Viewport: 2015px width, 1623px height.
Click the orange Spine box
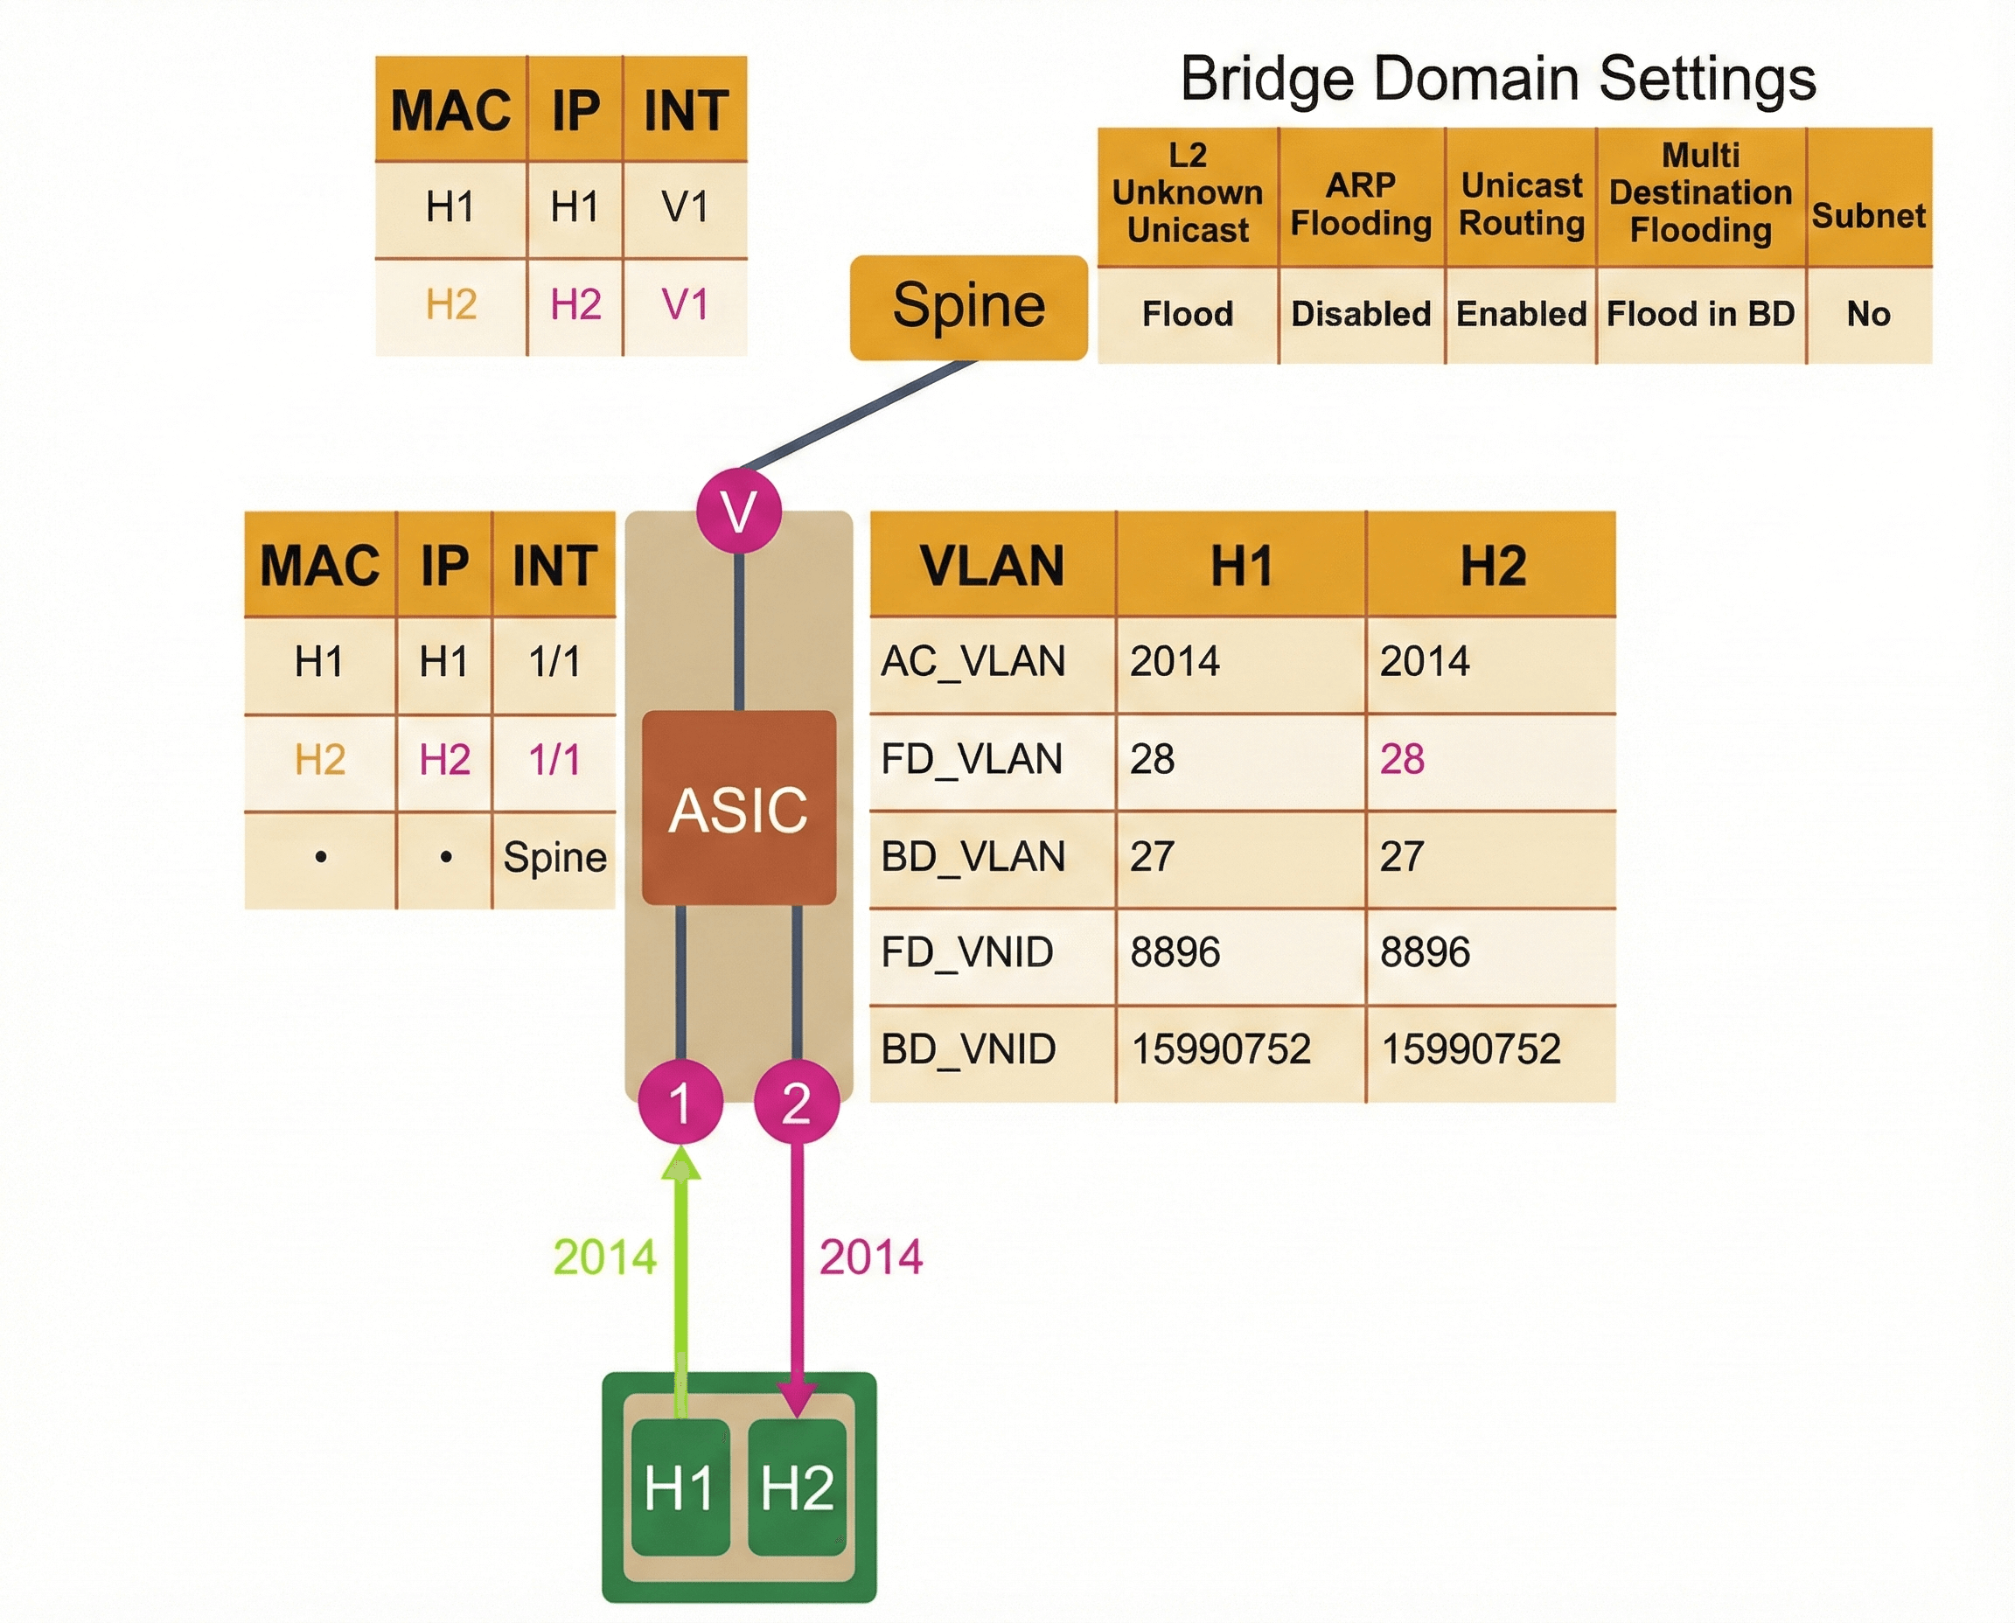[968, 307]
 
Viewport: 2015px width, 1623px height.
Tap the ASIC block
[739, 808]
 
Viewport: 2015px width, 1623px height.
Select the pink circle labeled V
[739, 512]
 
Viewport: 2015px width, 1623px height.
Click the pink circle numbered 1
[680, 1101]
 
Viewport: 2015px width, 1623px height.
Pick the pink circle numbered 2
[796, 1101]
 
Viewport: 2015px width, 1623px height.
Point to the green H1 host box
[680, 1487]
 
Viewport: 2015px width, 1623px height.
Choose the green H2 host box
[797, 1487]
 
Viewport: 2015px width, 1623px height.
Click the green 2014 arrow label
[605, 1257]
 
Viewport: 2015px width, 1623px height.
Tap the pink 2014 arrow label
[870, 1257]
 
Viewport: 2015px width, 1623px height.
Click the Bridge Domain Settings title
[1498, 79]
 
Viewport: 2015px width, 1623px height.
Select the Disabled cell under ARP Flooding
[1361, 314]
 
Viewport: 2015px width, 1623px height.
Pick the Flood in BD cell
[1700, 314]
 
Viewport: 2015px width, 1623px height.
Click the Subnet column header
[1868, 216]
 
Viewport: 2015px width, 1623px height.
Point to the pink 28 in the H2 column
[1402, 759]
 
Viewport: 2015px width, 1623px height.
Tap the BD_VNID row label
[969, 1049]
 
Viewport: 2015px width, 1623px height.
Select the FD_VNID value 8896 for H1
[1175, 952]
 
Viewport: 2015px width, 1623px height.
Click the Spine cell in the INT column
[554, 857]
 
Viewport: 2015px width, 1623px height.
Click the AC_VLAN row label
[973, 662]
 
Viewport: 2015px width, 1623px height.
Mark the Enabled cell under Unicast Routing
[1521, 314]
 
